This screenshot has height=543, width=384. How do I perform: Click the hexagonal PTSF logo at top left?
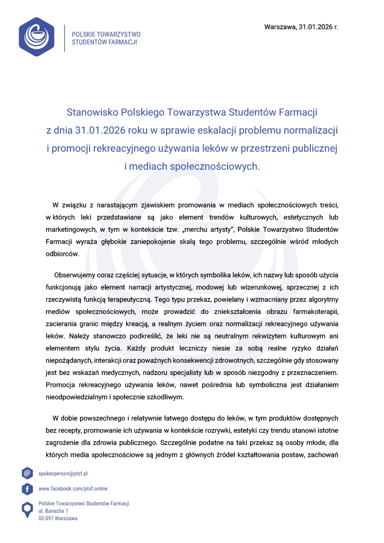[37, 37]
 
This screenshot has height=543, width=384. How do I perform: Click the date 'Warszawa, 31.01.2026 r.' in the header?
[301, 26]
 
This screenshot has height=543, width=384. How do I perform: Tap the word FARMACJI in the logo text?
[121, 41]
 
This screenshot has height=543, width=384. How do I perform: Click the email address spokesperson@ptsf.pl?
[63, 473]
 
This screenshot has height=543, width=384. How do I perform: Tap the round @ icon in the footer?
[27, 473]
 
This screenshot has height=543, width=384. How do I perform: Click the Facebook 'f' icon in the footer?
[27, 488]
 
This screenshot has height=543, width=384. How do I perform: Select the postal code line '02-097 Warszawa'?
[58, 518]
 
